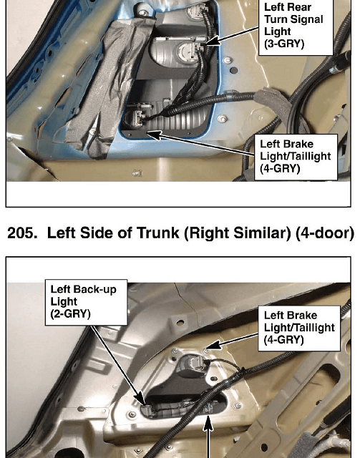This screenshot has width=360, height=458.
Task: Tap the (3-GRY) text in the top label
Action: pyautogui.click(x=284, y=44)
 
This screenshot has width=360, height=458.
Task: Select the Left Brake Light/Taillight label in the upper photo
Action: pyautogui.click(x=296, y=157)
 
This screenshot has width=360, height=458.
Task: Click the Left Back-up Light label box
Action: pyautogui.click(x=86, y=302)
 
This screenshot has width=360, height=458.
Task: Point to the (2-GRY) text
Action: pyautogui.click(x=70, y=314)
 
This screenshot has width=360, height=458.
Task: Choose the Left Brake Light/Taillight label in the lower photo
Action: pyautogui.click(x=299, y=328)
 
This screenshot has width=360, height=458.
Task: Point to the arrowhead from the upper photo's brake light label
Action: pyautogui.click(x=154, y=135)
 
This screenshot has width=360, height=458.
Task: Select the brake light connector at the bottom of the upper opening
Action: pyautogui.click(x=136, y=115)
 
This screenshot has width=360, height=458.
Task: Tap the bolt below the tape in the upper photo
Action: pyautogui.click(x=136, y=173)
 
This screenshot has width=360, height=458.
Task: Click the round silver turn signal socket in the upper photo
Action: pyautogui.click(x=188, y=52)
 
